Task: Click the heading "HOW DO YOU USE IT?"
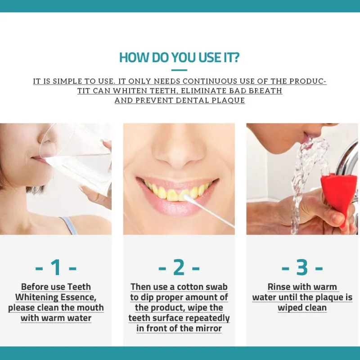(179, 58)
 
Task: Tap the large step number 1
(56, 267)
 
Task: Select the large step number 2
(179, 267)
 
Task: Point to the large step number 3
(302, 267)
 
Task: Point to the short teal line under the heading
(179, 70)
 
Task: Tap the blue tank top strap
(69, 226)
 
